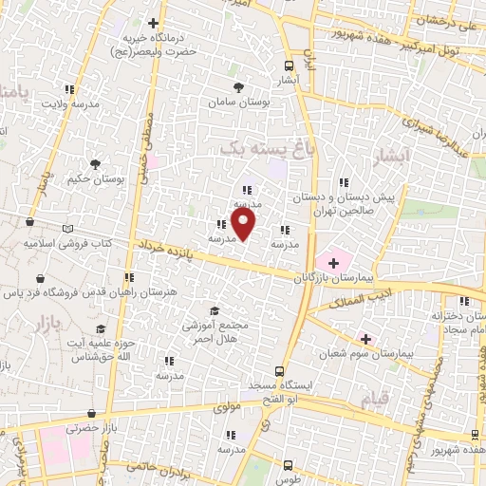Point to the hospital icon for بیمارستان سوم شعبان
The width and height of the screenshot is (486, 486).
pos(365,339)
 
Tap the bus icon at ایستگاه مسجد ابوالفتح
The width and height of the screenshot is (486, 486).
pos(279,371)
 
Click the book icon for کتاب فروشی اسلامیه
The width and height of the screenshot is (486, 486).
pos(66,229)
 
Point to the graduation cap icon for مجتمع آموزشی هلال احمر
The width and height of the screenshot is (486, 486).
pos(215,310)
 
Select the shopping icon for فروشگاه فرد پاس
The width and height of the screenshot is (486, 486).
pos(43,279)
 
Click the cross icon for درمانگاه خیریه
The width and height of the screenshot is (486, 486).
pos(154,22)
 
